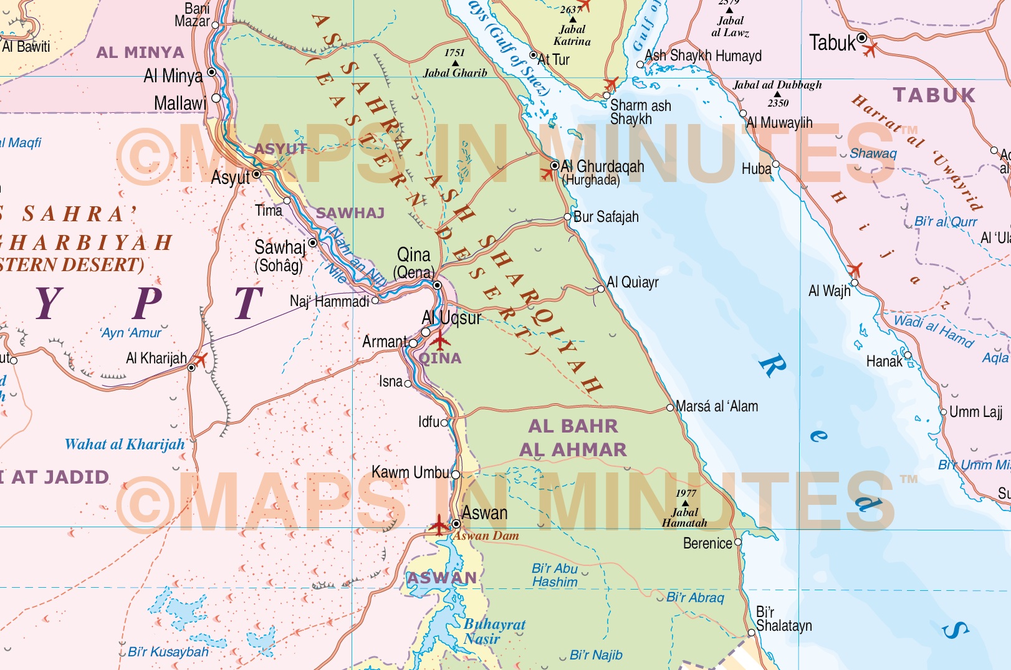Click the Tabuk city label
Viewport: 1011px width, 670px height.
(832, 43)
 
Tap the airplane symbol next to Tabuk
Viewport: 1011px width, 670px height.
(870, 48)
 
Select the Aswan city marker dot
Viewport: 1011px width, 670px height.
(456, 524)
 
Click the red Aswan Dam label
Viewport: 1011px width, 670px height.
(486, 536)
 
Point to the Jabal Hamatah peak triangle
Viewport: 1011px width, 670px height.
(686, 503)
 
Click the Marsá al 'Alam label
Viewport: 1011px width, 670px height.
(717, 406)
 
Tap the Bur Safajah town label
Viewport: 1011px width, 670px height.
(606, 217)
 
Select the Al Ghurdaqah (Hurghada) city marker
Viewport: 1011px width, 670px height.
(554, 166)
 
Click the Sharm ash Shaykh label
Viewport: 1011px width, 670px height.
(640, 112)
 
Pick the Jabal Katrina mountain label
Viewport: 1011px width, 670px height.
(572, 36)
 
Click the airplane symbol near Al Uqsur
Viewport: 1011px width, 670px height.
(440, 341)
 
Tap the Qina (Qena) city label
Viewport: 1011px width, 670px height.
(414, 262)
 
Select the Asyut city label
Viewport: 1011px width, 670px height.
(230, 178)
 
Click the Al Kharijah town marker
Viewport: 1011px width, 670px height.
(191, 368)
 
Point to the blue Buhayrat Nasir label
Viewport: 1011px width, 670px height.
(494, 631)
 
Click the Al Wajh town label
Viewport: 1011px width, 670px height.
(829, 291)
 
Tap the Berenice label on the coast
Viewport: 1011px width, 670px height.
(707, 543)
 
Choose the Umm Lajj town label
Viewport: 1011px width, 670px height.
(975, 412)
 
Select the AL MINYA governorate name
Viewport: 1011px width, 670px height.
(140, 52)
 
